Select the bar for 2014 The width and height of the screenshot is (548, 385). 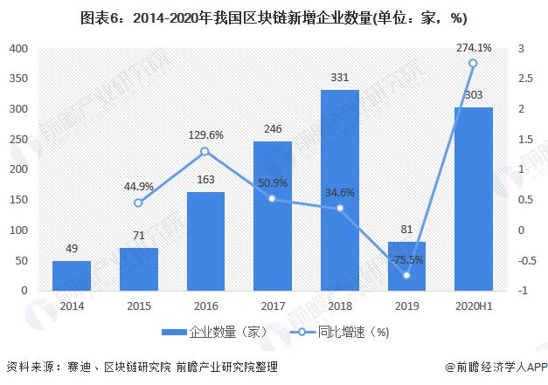(71, 275)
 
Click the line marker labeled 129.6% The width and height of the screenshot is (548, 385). (205, 151)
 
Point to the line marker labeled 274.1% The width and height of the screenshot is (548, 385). (473, 63)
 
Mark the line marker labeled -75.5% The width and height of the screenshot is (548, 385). (406, 275)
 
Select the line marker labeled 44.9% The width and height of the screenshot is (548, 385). (138, 203)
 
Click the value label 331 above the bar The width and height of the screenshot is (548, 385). (339, 78)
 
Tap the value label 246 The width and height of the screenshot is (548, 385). (272, 129)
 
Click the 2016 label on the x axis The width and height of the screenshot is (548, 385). (205, 306)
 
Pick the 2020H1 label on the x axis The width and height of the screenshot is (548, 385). (473, 306)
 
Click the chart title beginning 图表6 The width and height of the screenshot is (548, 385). (274, 17)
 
